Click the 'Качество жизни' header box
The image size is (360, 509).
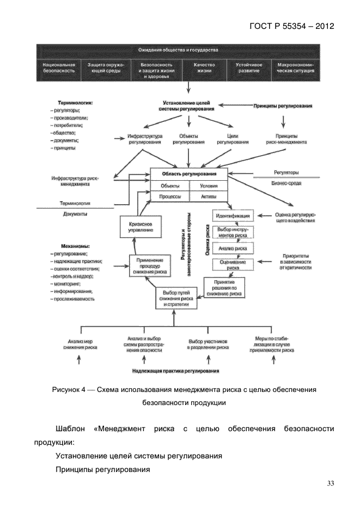[204, 68]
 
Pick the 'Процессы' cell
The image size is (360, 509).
[170, 197]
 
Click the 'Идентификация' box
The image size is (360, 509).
[233, 216]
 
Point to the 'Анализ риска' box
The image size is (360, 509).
[233, 248]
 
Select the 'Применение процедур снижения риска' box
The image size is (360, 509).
[149, 267]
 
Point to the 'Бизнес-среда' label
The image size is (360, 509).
[286, 183]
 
